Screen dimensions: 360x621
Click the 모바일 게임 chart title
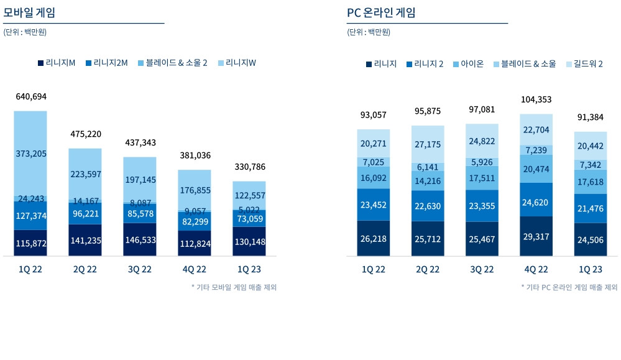point(29,12)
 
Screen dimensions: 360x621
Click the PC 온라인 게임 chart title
point(381,12)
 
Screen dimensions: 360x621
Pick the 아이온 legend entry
point(467,63)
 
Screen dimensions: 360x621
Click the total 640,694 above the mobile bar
point(31,96)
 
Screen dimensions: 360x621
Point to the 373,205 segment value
point(31,154)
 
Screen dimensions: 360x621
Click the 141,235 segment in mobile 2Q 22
point(85,241)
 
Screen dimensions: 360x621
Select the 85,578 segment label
point(140,213)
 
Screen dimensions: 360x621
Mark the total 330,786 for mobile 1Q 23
point(249,167)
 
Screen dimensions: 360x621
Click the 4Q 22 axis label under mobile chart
point(195,269)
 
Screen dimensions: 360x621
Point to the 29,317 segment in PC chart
point(536,237)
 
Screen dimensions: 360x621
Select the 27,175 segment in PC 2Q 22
point(428,144)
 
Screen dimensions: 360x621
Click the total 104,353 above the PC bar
point(536,99)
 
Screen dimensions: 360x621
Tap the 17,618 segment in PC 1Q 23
point(591,182)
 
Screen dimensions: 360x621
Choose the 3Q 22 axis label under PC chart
point(482,269)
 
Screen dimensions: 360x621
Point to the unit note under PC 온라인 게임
point(369,32)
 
